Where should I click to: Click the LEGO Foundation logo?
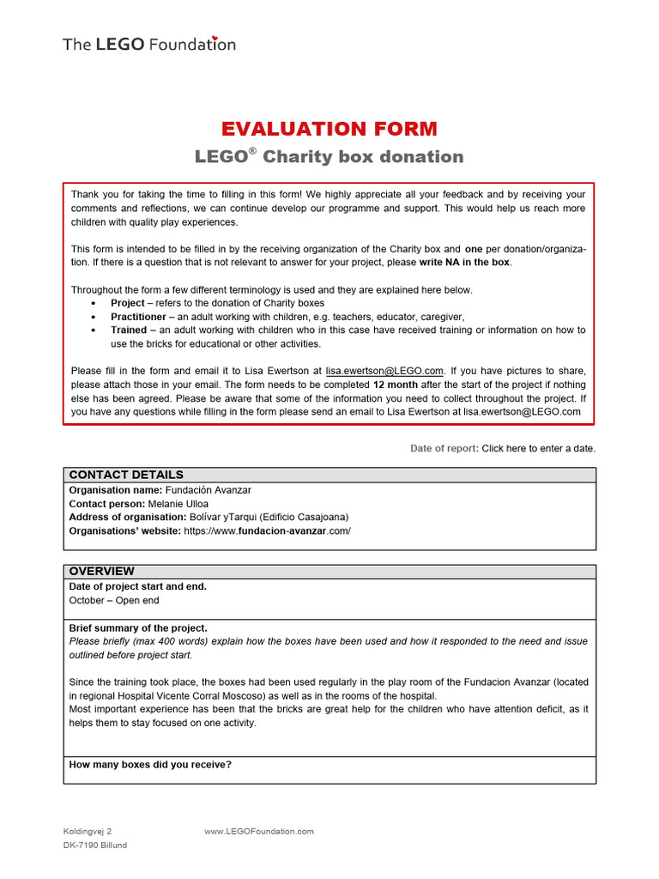click(149, 44)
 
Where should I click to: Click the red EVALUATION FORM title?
click(329, 129)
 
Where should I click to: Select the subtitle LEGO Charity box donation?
click(329, 156)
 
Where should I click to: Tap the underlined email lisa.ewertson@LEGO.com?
click(384, 370)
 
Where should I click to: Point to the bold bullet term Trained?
click(129, 330)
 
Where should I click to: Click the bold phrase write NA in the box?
click(464, 262)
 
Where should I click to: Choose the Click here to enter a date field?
click(538, 448)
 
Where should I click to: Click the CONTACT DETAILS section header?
click(126, 475)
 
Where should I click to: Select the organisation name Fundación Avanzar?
click(209, 489)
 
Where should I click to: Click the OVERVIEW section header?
click(101, 571)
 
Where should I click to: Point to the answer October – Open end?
click(114, 600)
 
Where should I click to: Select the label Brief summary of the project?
click(138, 627)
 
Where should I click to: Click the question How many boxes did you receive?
click(150, 764)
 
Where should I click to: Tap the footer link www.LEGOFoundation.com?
click(259, 831)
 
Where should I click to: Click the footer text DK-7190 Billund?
click(94, 846)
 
